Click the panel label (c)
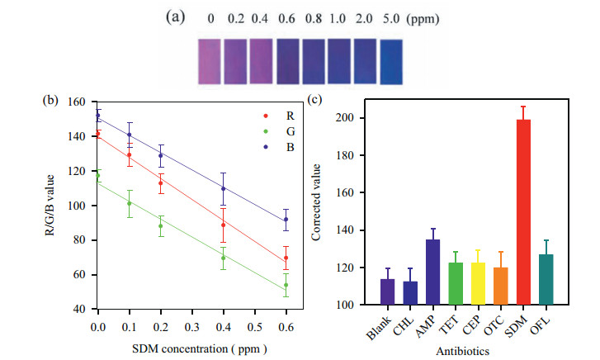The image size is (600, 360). pyautogui.click(x=317, y=101)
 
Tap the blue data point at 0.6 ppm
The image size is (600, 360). pyautogui.click(x=286, y=220)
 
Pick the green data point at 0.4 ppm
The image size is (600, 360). pyautogui.click(x=223, y=258)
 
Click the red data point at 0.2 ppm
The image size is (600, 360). pyautogui.click(x=161, y=182)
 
